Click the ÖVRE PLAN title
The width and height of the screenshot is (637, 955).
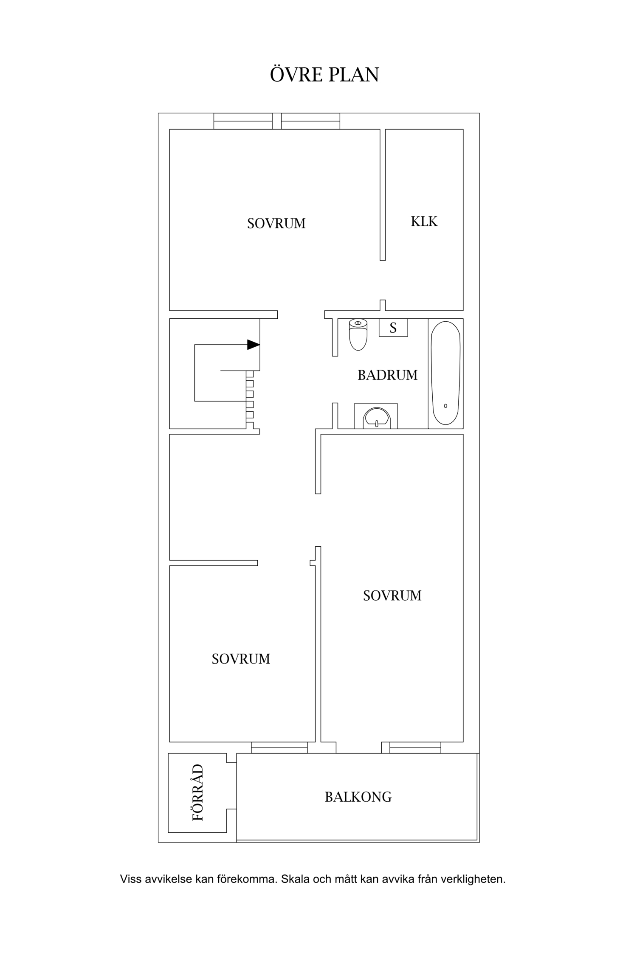click(x=324, y=74)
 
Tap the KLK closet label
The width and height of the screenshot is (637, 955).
click(x=424, y=222)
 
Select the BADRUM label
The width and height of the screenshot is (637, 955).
click(x=387, y=375)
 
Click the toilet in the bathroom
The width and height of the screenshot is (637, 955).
click(x=358, y=335)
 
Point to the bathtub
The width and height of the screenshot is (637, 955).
click(x=445, y=373)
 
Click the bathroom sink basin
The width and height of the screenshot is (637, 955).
click(x=376, y=418)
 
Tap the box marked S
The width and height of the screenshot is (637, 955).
click(x=393, y=328)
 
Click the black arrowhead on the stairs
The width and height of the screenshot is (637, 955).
click(x=254, y=345)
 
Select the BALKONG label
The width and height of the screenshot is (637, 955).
click(x=358, y=797)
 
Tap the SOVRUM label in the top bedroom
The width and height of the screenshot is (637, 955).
click(x=276, y=223)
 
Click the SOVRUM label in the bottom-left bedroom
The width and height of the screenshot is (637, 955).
click(x=241, y=659)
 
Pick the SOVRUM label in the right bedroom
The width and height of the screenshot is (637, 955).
click(x=392, y=596)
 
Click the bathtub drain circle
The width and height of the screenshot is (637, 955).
click(x=445, y=406)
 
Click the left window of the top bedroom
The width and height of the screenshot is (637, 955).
click(x=243, y=121)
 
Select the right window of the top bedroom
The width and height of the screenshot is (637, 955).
click(x=310, y=121)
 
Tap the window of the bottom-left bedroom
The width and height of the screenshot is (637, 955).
click(x=279, y=748)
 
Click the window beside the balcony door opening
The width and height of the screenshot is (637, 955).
click(x=415, y=748)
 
